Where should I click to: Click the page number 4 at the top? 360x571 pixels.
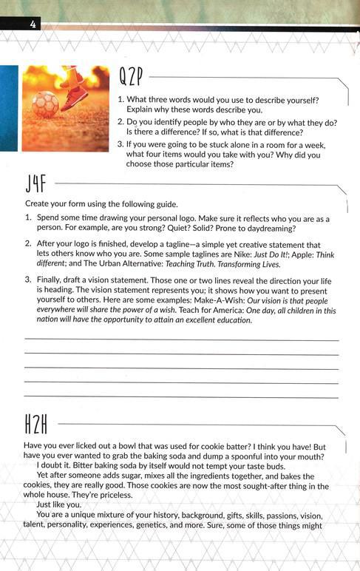(33, 25)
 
